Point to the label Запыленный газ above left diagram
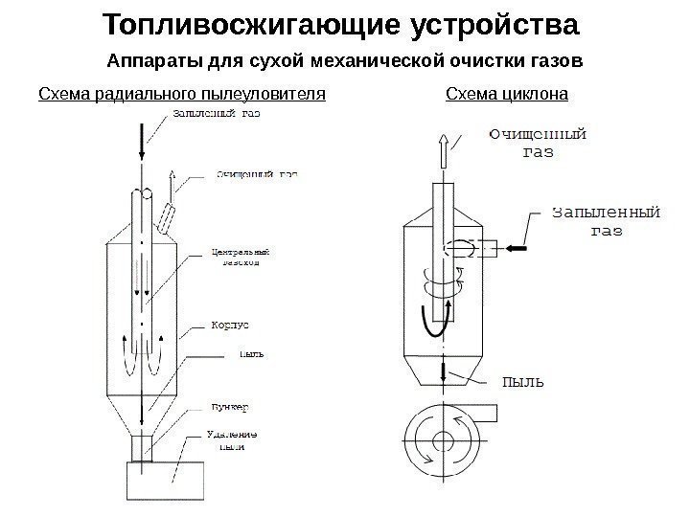(x=216, y=113)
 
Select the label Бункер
(x=228, y=408)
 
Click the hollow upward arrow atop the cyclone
(x=444, y=150)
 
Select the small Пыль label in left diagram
(x=251, y=353)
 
